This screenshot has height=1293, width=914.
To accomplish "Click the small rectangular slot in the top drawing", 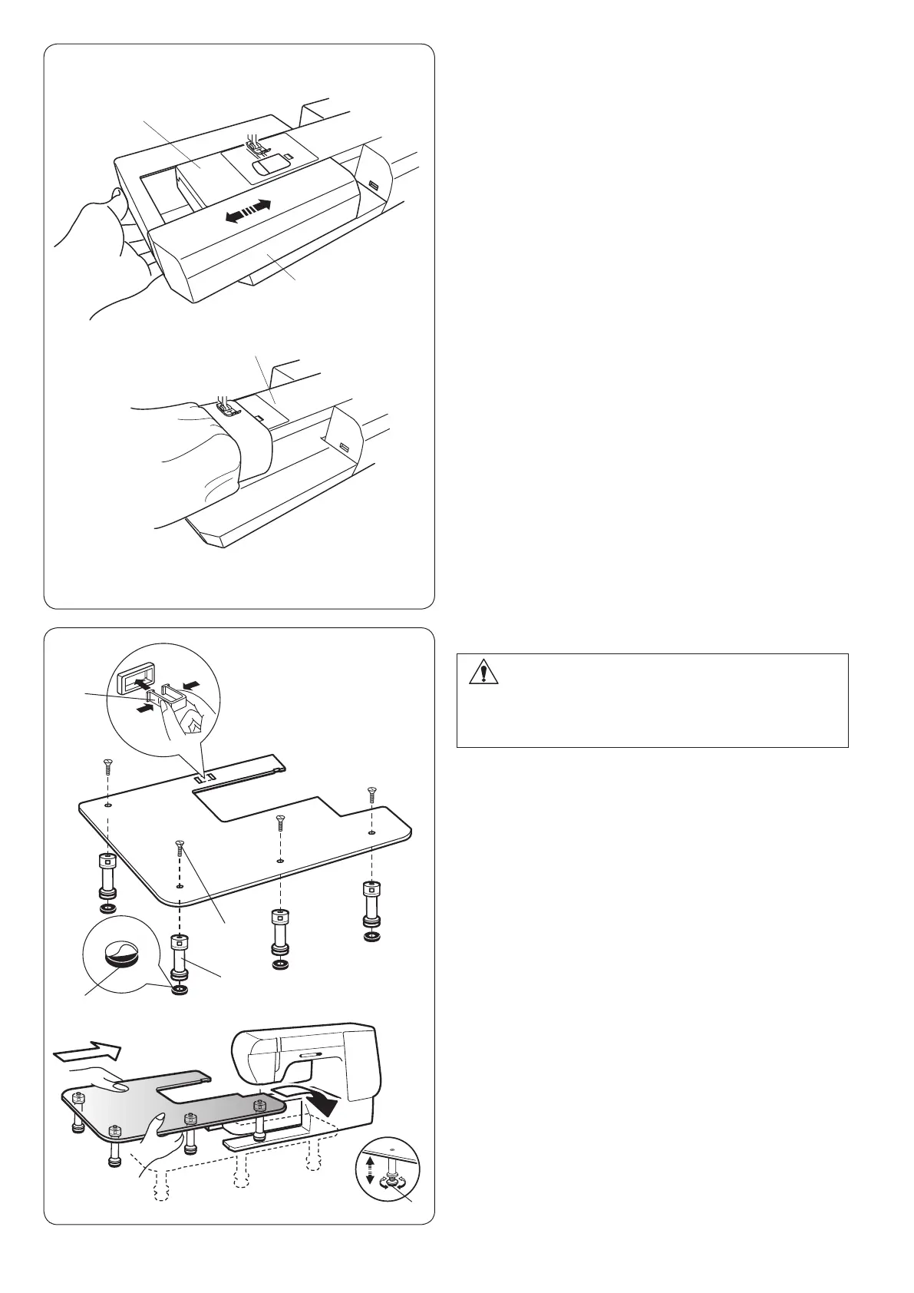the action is [373, 186].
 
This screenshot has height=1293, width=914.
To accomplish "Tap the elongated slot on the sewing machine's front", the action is [305, 1057].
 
